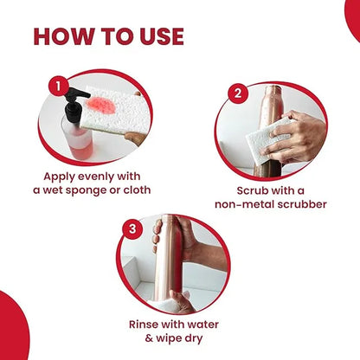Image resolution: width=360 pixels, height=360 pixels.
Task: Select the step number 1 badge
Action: coord(59,86)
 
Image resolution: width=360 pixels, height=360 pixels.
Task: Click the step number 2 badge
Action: coord(238,93)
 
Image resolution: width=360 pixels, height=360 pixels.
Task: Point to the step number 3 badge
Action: coord(132,228)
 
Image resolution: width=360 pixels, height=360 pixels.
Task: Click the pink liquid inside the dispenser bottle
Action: coord(81,145)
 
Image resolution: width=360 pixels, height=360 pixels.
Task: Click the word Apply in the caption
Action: coord(60,177)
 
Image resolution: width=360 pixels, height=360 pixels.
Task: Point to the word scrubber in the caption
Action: coord(302,204)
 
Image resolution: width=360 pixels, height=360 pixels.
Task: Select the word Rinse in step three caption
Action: coord(144,325)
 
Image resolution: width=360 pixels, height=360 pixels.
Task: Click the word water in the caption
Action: coord(203,325)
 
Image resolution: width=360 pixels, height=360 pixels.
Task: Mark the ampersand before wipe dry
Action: coord(149,338)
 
